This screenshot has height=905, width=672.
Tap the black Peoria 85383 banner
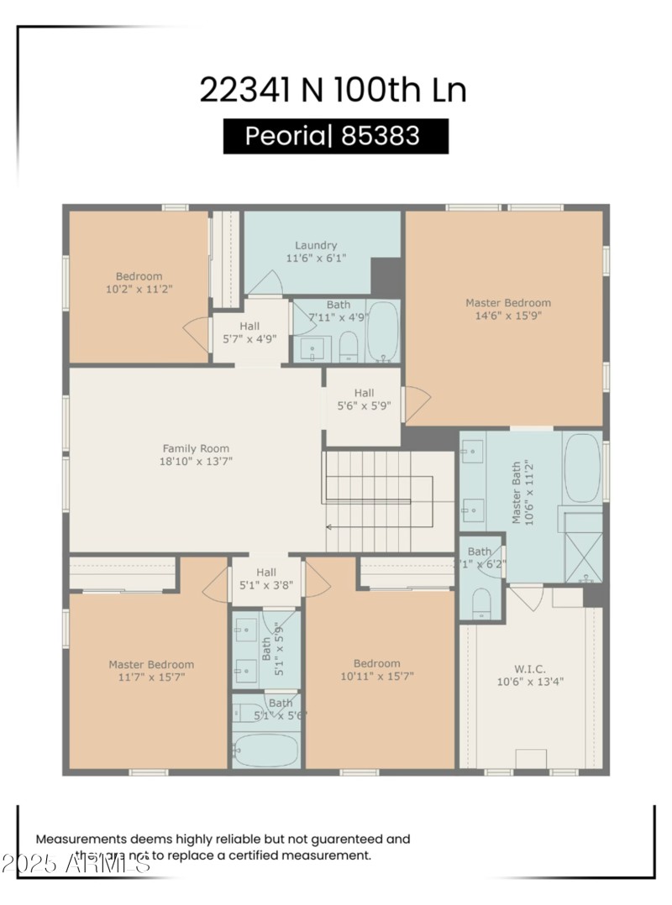point(335,136)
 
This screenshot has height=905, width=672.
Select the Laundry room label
point(316,245)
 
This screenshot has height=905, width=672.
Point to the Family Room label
point(196,448)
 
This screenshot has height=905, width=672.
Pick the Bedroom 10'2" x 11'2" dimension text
point(139,290)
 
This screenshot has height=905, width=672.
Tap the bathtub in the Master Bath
point(581,467)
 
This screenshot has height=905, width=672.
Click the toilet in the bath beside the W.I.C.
point(482,602)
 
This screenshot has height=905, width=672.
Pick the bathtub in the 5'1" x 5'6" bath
point(265,749)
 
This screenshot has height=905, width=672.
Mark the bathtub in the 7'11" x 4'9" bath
point(384,332)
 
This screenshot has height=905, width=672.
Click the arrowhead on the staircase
point(329,527)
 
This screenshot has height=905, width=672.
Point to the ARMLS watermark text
point(76,862)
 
